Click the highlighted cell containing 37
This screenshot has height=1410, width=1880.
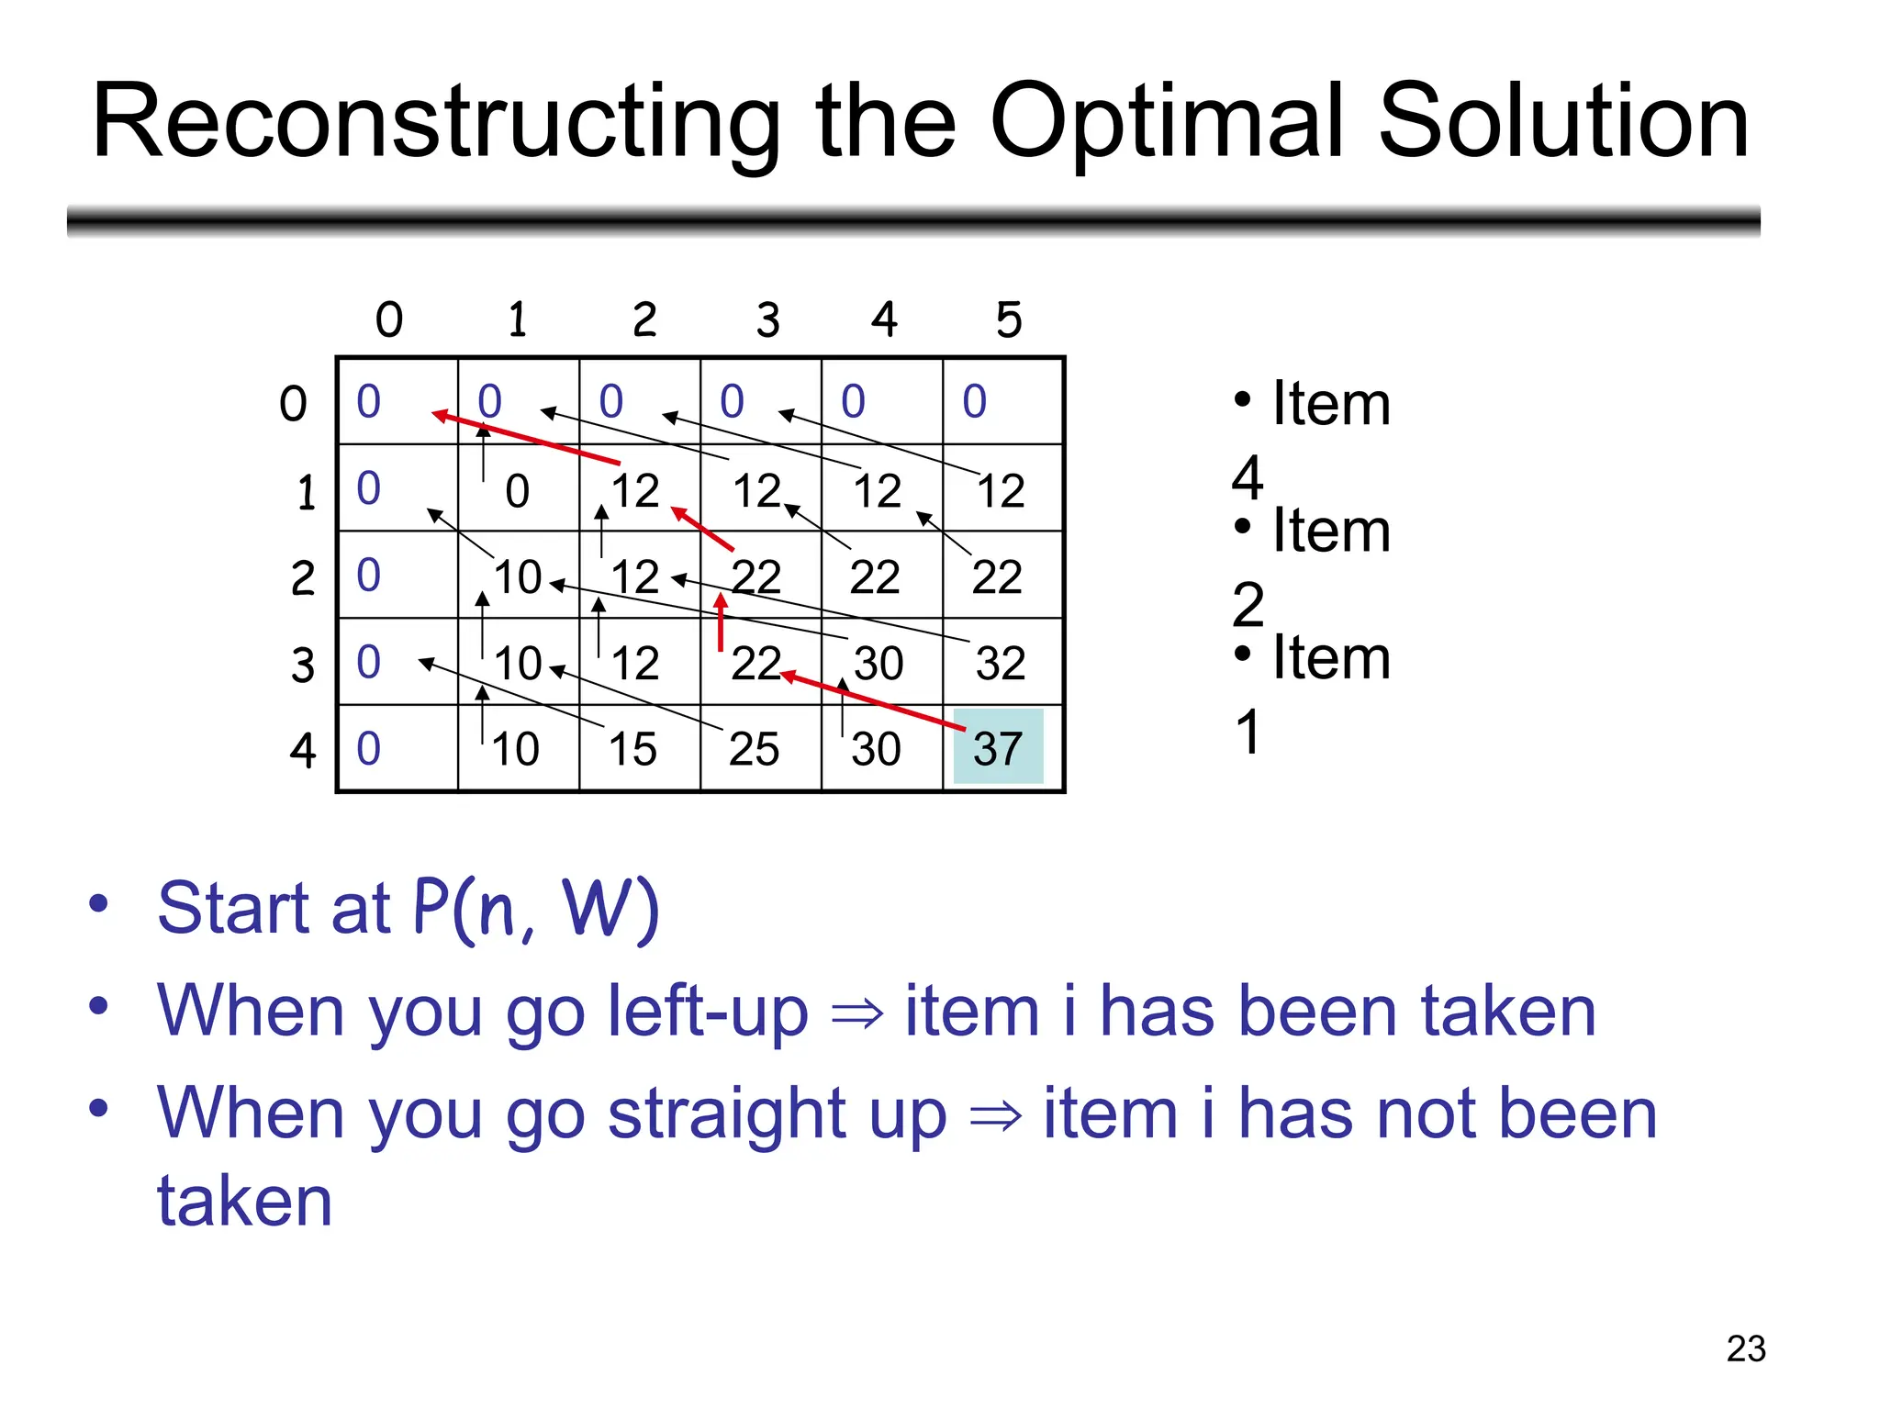coord(999,748)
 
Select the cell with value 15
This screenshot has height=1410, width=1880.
coord(632,749)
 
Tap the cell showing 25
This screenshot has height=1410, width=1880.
coord(754,749)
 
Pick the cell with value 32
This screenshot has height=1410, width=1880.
coord(1000,663)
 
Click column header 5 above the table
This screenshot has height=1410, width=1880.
coord(1009,319)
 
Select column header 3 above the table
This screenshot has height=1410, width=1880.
coord(768,319)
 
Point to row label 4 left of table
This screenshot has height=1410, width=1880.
coord(303,750)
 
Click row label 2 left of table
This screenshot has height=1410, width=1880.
coord(303,578)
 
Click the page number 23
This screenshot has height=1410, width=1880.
coord(1745,1348)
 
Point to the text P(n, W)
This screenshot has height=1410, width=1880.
coord(536,908)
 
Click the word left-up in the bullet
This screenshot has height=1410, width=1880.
coord(708,1012)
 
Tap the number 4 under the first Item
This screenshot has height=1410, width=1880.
coord(1248,477)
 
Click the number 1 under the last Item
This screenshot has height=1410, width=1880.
coord(1248,732)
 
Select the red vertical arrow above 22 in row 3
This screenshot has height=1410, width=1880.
coord(722,621)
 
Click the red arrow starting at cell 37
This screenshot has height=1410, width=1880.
coord(872,702)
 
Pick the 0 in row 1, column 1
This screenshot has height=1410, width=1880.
coord(517,491)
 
